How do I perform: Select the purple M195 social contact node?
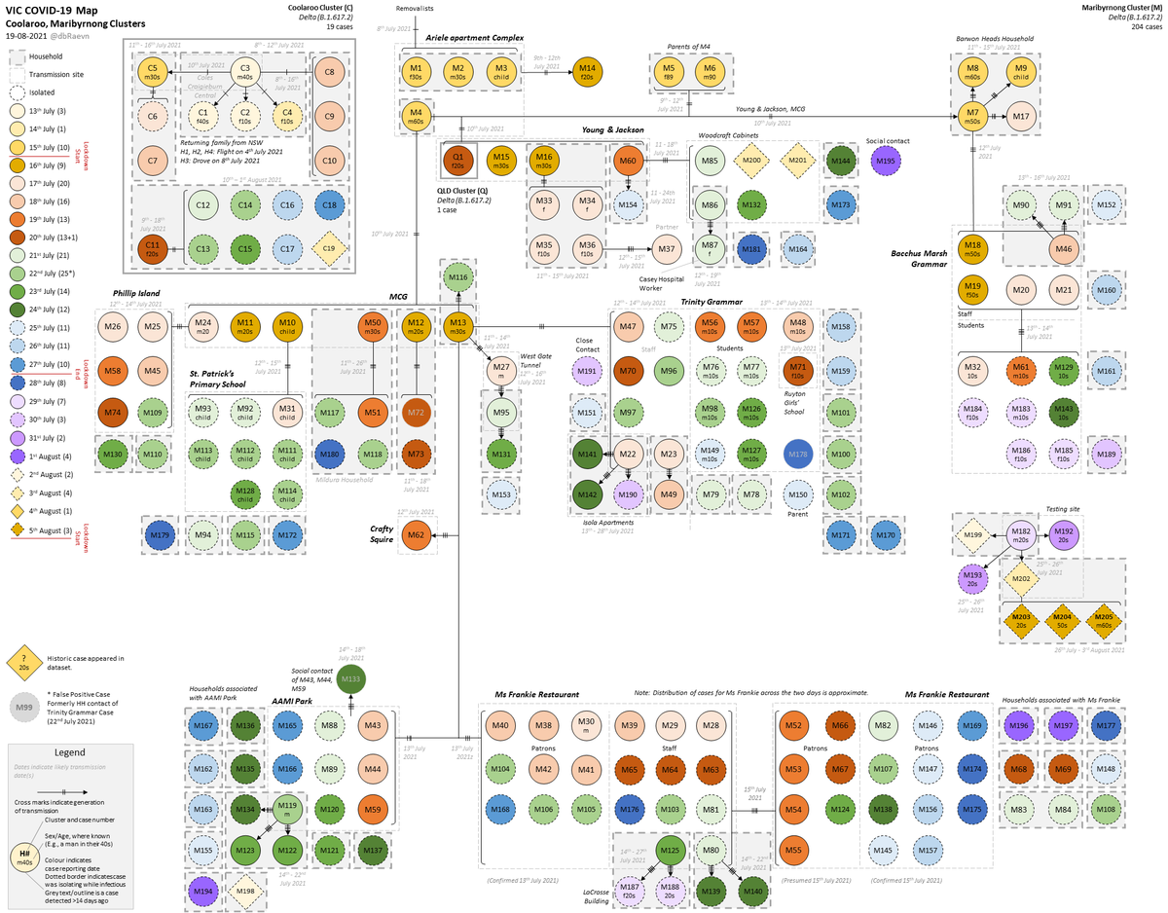point(886,161)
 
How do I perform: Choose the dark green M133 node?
point(351,679)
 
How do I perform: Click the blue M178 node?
point(797,455)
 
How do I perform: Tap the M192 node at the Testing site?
point(1064,533)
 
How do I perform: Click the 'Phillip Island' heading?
point(135,292)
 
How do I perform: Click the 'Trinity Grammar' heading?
point(712,302)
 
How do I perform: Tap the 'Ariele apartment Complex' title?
point(475,37)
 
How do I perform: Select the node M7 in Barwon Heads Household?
point(972,116)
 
